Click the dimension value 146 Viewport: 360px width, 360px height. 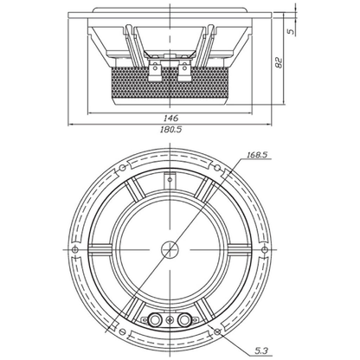[x=171, y=118]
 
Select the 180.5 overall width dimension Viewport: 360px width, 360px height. [x=171, y=130]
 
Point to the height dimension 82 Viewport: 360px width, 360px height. [x=279, y=62]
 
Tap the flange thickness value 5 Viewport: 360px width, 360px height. [x=292, y=31]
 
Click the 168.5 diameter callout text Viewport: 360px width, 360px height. [x=257, y=155]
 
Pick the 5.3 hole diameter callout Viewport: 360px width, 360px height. [x=261, y=351]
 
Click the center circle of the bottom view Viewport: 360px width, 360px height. [x=170, y=249]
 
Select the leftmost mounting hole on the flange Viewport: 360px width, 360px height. [x=75, y=249]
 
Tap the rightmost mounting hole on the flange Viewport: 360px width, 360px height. [x=265, y=249]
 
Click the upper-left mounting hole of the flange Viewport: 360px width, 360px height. [x=122, y=167]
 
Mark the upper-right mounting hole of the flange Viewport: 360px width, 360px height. [x=217, y=167]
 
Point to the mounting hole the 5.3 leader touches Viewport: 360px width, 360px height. [x=217, y=331]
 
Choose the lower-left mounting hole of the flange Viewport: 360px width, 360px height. [x=122, y=331]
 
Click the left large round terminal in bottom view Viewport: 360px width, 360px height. [x=155, y=319]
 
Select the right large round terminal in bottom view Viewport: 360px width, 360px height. [x=184, y=319]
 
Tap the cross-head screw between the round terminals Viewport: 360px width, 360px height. [x=170, y=319]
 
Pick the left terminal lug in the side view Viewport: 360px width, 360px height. [x=155, y=71]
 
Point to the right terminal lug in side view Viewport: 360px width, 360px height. [x=184, y=71]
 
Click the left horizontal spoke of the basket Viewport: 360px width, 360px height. [x=100, y=249]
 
